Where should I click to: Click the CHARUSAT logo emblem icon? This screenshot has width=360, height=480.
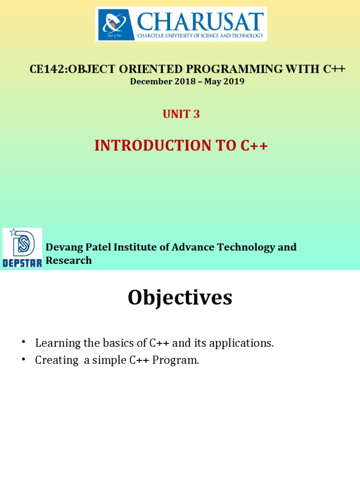(x=114, y=24)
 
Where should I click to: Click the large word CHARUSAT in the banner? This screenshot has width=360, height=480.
(x=199, y=21)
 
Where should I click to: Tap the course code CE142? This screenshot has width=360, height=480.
(x=46, y=69)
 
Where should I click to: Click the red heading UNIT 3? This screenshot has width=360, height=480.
(x=181, y=114)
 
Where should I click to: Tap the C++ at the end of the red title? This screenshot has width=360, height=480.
(x=254, y=146)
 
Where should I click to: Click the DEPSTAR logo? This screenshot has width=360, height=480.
(x=22, y=248)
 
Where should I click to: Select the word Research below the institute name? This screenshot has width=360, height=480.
(x=68, y=261)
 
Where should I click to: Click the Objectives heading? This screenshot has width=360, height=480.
(x=180, y=298)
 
